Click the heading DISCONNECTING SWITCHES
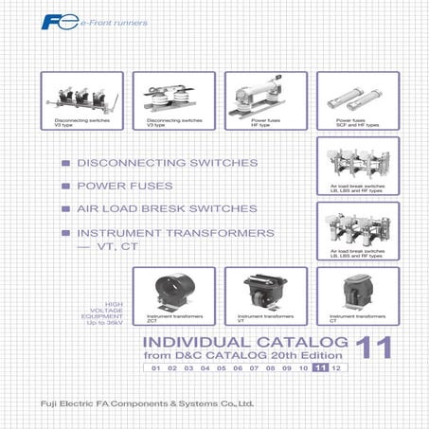pos(168,163)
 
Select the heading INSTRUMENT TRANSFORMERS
pos(176,232)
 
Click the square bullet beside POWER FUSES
pos(64,187)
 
